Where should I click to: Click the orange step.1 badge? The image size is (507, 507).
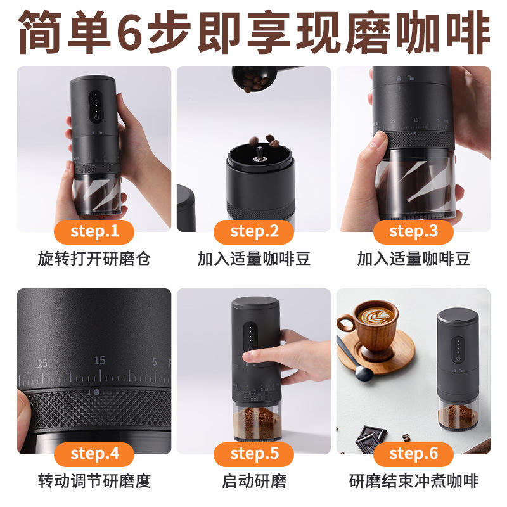(94, 232)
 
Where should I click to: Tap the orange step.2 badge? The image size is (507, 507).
(254, 232)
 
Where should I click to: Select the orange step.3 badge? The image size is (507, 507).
(414, 232)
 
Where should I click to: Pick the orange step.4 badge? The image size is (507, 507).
(94, 454)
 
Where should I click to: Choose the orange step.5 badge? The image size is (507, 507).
(254, 454)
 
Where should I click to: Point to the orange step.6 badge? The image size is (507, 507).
(414, 454)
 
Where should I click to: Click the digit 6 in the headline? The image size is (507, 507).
(129, 32)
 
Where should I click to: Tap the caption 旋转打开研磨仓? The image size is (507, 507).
(94, 259)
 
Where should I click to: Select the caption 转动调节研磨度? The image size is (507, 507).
(94, 481)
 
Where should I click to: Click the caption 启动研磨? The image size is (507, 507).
(254, 481)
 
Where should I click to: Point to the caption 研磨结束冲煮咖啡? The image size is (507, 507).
(414, 481)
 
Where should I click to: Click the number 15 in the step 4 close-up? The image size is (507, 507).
(99, 361)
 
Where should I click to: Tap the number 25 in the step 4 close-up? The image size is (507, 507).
(42, 364)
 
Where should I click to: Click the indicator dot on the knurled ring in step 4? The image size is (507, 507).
(96, 392)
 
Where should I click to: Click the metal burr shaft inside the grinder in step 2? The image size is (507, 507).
(259, 156)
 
